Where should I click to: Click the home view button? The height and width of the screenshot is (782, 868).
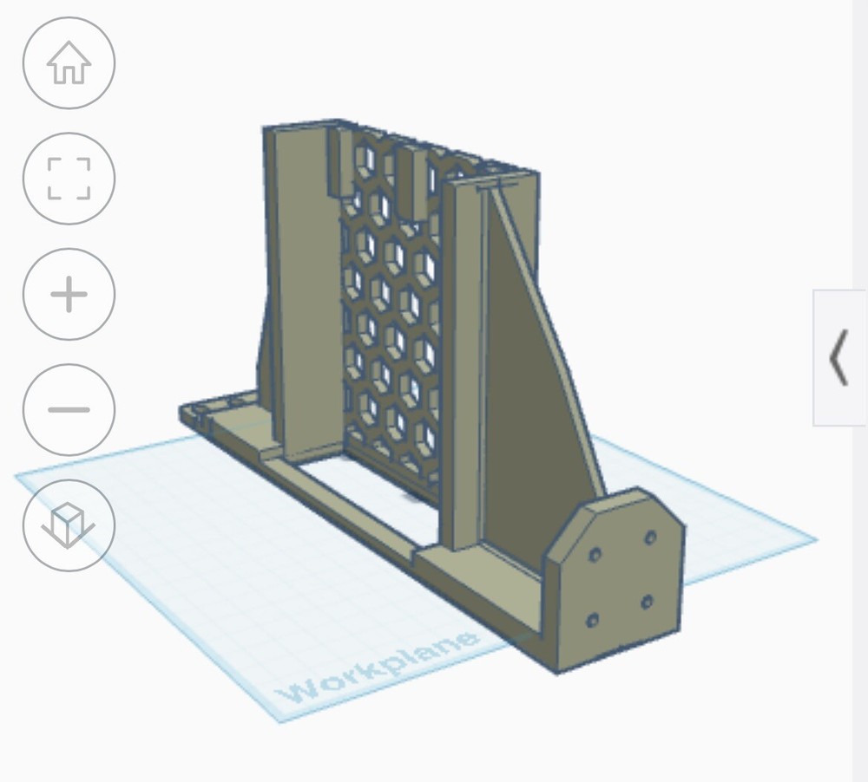(69, 63)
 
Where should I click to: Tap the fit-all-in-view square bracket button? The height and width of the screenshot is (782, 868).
(69, 179)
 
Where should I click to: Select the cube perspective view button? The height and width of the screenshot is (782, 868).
(69, 525)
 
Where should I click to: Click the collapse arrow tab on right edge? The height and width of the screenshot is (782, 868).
(839, 357)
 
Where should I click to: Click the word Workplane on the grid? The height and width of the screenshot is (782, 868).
(378, 667)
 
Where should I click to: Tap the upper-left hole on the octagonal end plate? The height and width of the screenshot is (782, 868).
(595, 554)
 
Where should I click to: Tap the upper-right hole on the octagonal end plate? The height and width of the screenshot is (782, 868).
(650, 538)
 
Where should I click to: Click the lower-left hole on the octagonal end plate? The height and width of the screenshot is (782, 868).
(593, 620)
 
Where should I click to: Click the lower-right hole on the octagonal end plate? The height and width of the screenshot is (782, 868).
(648, 601)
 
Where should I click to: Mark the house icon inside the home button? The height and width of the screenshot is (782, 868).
(69, 63)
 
